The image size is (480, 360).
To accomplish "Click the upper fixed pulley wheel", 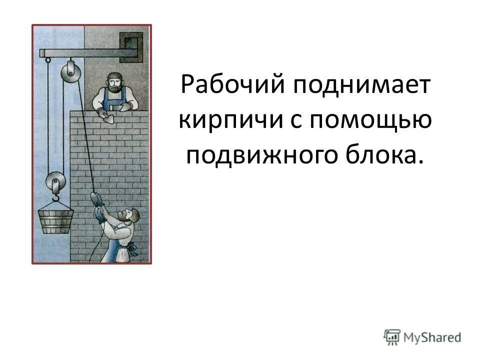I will [70, 72].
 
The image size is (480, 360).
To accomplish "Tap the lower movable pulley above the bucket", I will [54, 182].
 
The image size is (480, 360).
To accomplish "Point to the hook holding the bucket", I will [55, 198].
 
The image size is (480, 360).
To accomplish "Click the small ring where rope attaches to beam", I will [47, 59].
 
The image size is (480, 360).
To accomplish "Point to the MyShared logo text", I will [431, 337].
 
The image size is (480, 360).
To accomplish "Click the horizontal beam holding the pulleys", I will [90, 52].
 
